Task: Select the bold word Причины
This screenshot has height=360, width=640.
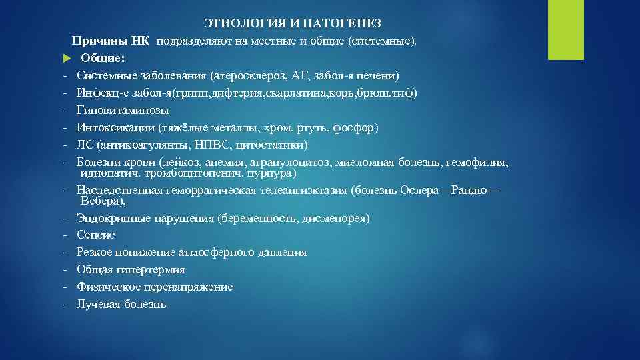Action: [x=96, y=41]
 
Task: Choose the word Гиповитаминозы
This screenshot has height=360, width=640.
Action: [x=123, y=111]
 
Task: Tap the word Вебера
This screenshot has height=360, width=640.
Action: [x=102, y=200]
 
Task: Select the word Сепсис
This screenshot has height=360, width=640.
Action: [x=95, y=235]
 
